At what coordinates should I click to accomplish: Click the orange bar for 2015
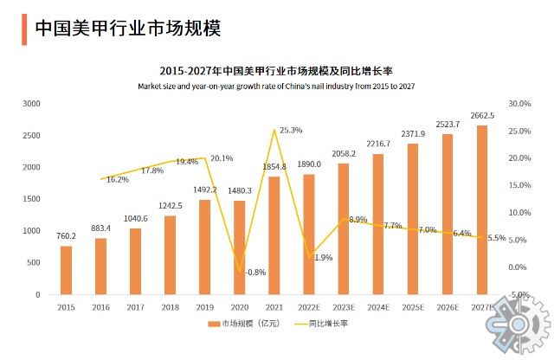[66, 270]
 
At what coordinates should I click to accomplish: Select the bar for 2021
[274, 235]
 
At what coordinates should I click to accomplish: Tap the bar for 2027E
[482, 209]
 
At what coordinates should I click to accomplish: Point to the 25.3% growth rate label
[291, 131]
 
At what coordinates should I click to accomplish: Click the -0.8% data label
[256, 273]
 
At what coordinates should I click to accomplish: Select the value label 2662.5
[482, 116]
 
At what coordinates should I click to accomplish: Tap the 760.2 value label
[66, 236]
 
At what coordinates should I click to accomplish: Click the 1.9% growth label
[324, 258]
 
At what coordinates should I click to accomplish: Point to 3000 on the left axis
[31, 104]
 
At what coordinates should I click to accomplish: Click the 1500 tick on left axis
[31, 199]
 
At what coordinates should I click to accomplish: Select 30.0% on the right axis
[519, 104]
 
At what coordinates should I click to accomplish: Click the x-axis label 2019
[205, 306]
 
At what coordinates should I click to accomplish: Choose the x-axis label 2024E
[378, 306]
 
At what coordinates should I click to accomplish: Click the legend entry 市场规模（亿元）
[250, 324]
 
